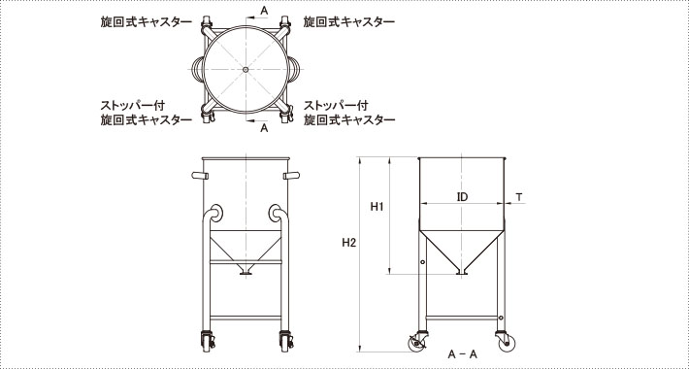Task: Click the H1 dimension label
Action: pyautogui.click(x=377, y=206)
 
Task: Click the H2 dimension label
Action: pyautogui.click(x=349, y=243)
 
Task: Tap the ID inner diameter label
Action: pyautogui.click(x=462, y=197)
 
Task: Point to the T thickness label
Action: pyautogui.click(x=519, y=197)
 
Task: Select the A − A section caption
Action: pyautogui.click(x=462, y=354)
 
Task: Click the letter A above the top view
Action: pyautogui.click(x=264, y=11)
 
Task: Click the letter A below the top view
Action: pyautogui.click(x=264, y=128)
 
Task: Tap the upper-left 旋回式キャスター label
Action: pyautogui.click(x=147, y=22)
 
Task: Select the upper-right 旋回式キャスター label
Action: pyautogui.click(x=349, y=22)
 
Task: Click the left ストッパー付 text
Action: pyautogui.click(x=133, y=106)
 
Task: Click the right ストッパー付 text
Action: pyautogui.click(x=336, y=106)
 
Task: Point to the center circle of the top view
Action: pyautogui.click(x=246, y=70)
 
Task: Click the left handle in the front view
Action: pyautogui.click(x=200, y=176)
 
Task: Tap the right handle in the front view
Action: pyautogui.click(x=291, y=176)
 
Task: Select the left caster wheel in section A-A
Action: pyautogui.click(x=416, y=344)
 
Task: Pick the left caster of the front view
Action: pyautogui.click(x=207, y=341)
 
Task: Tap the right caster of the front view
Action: pyautogui.click(x=286, y=341)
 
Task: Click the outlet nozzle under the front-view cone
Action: pyautogui.click(x=246, y=270)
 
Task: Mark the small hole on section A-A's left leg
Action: pyautogui.click(x=422, y=262)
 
